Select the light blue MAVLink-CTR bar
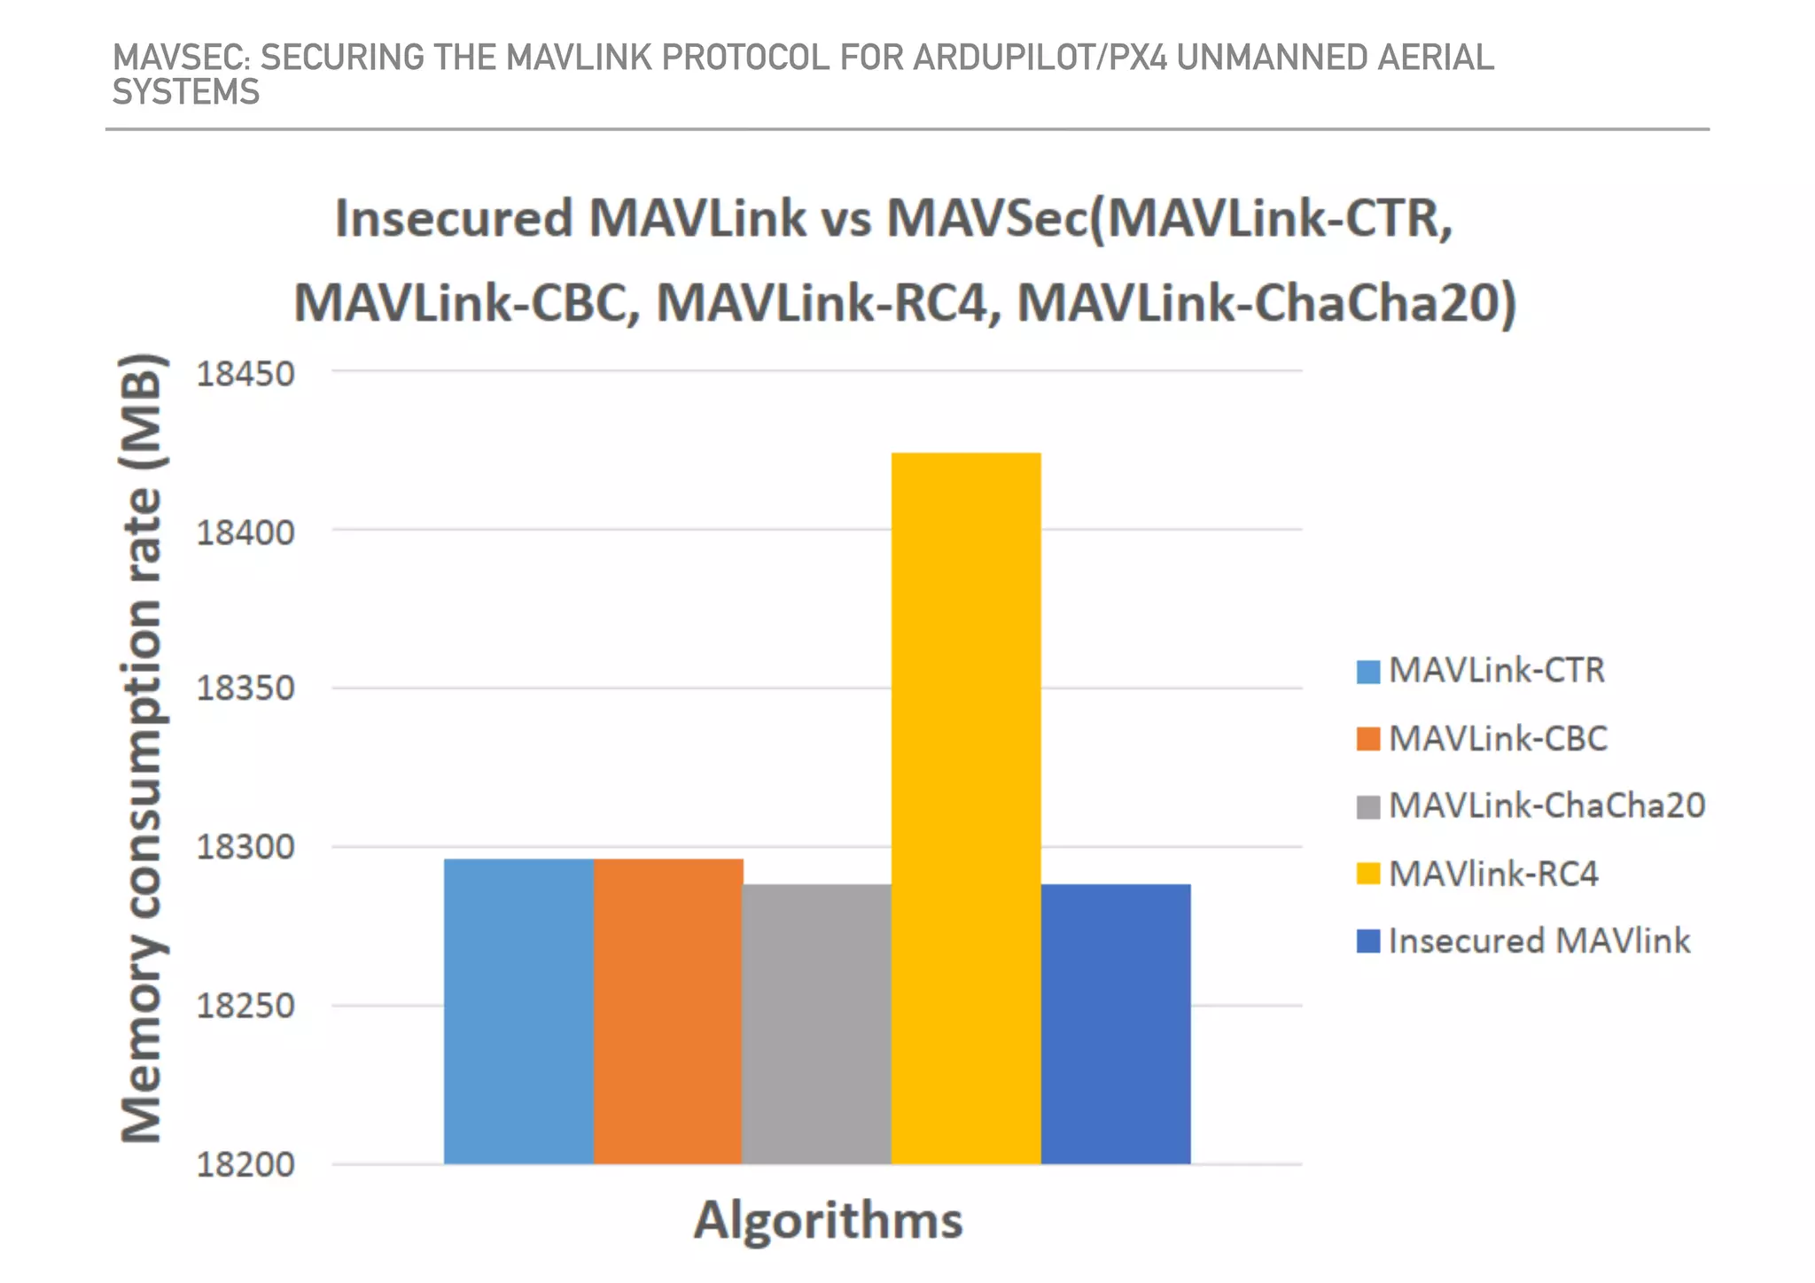tap(518, 1011)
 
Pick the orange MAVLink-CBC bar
tap(667, 1011)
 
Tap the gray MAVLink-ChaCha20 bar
tap(816, 1023)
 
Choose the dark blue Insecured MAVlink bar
tap(1116, 1023)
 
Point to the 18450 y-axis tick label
tap(245, 374)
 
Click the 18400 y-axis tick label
tap(245, 533)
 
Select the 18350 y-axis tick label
tap(245, 688)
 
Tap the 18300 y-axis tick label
tap(245, 847)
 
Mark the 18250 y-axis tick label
tap(245, 1006)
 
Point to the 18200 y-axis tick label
tap(245, 1164)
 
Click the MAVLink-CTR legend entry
tap(1496, 671)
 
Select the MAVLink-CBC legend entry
tap(1498, 738)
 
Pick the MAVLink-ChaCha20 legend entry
tap(1546, 805)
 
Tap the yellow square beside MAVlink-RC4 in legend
tap(1368, 874)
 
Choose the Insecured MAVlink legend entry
tap(1538, 941)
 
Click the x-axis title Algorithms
tap(828, 1220)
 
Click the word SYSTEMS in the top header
tap(186, 92)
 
